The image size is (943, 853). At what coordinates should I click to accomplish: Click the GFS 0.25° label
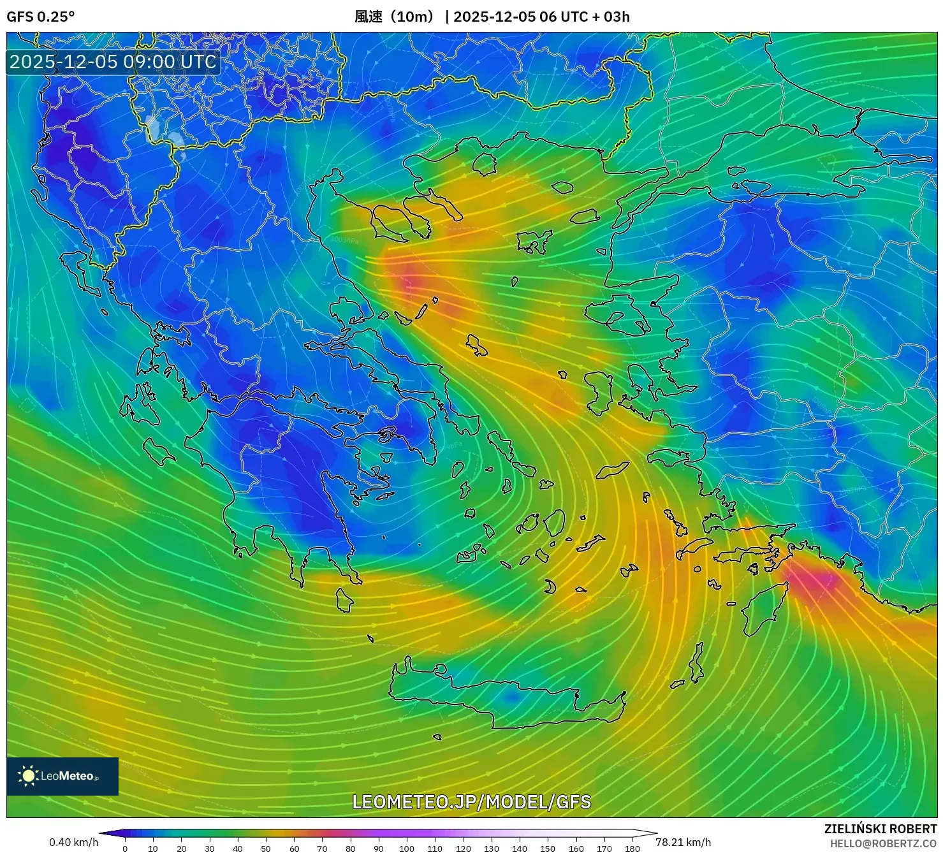click(40, 17)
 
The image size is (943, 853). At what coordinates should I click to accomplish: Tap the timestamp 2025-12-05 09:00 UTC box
click(113, 62)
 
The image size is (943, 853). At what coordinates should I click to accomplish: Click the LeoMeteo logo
click(62, 776)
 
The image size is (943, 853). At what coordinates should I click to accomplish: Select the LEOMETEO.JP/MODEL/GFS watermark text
click(471, 801)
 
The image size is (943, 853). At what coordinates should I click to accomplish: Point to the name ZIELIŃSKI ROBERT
click(880, 829)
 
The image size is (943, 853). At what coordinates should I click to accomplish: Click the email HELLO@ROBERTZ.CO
click(883, 843)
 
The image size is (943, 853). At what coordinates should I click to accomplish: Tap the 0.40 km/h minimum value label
click(73, 842)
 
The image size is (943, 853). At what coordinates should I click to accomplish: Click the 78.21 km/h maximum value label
click(683, 842)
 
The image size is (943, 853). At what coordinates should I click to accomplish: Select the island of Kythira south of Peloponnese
click(344, 600)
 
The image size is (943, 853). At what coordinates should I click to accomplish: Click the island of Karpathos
click(697, 663)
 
